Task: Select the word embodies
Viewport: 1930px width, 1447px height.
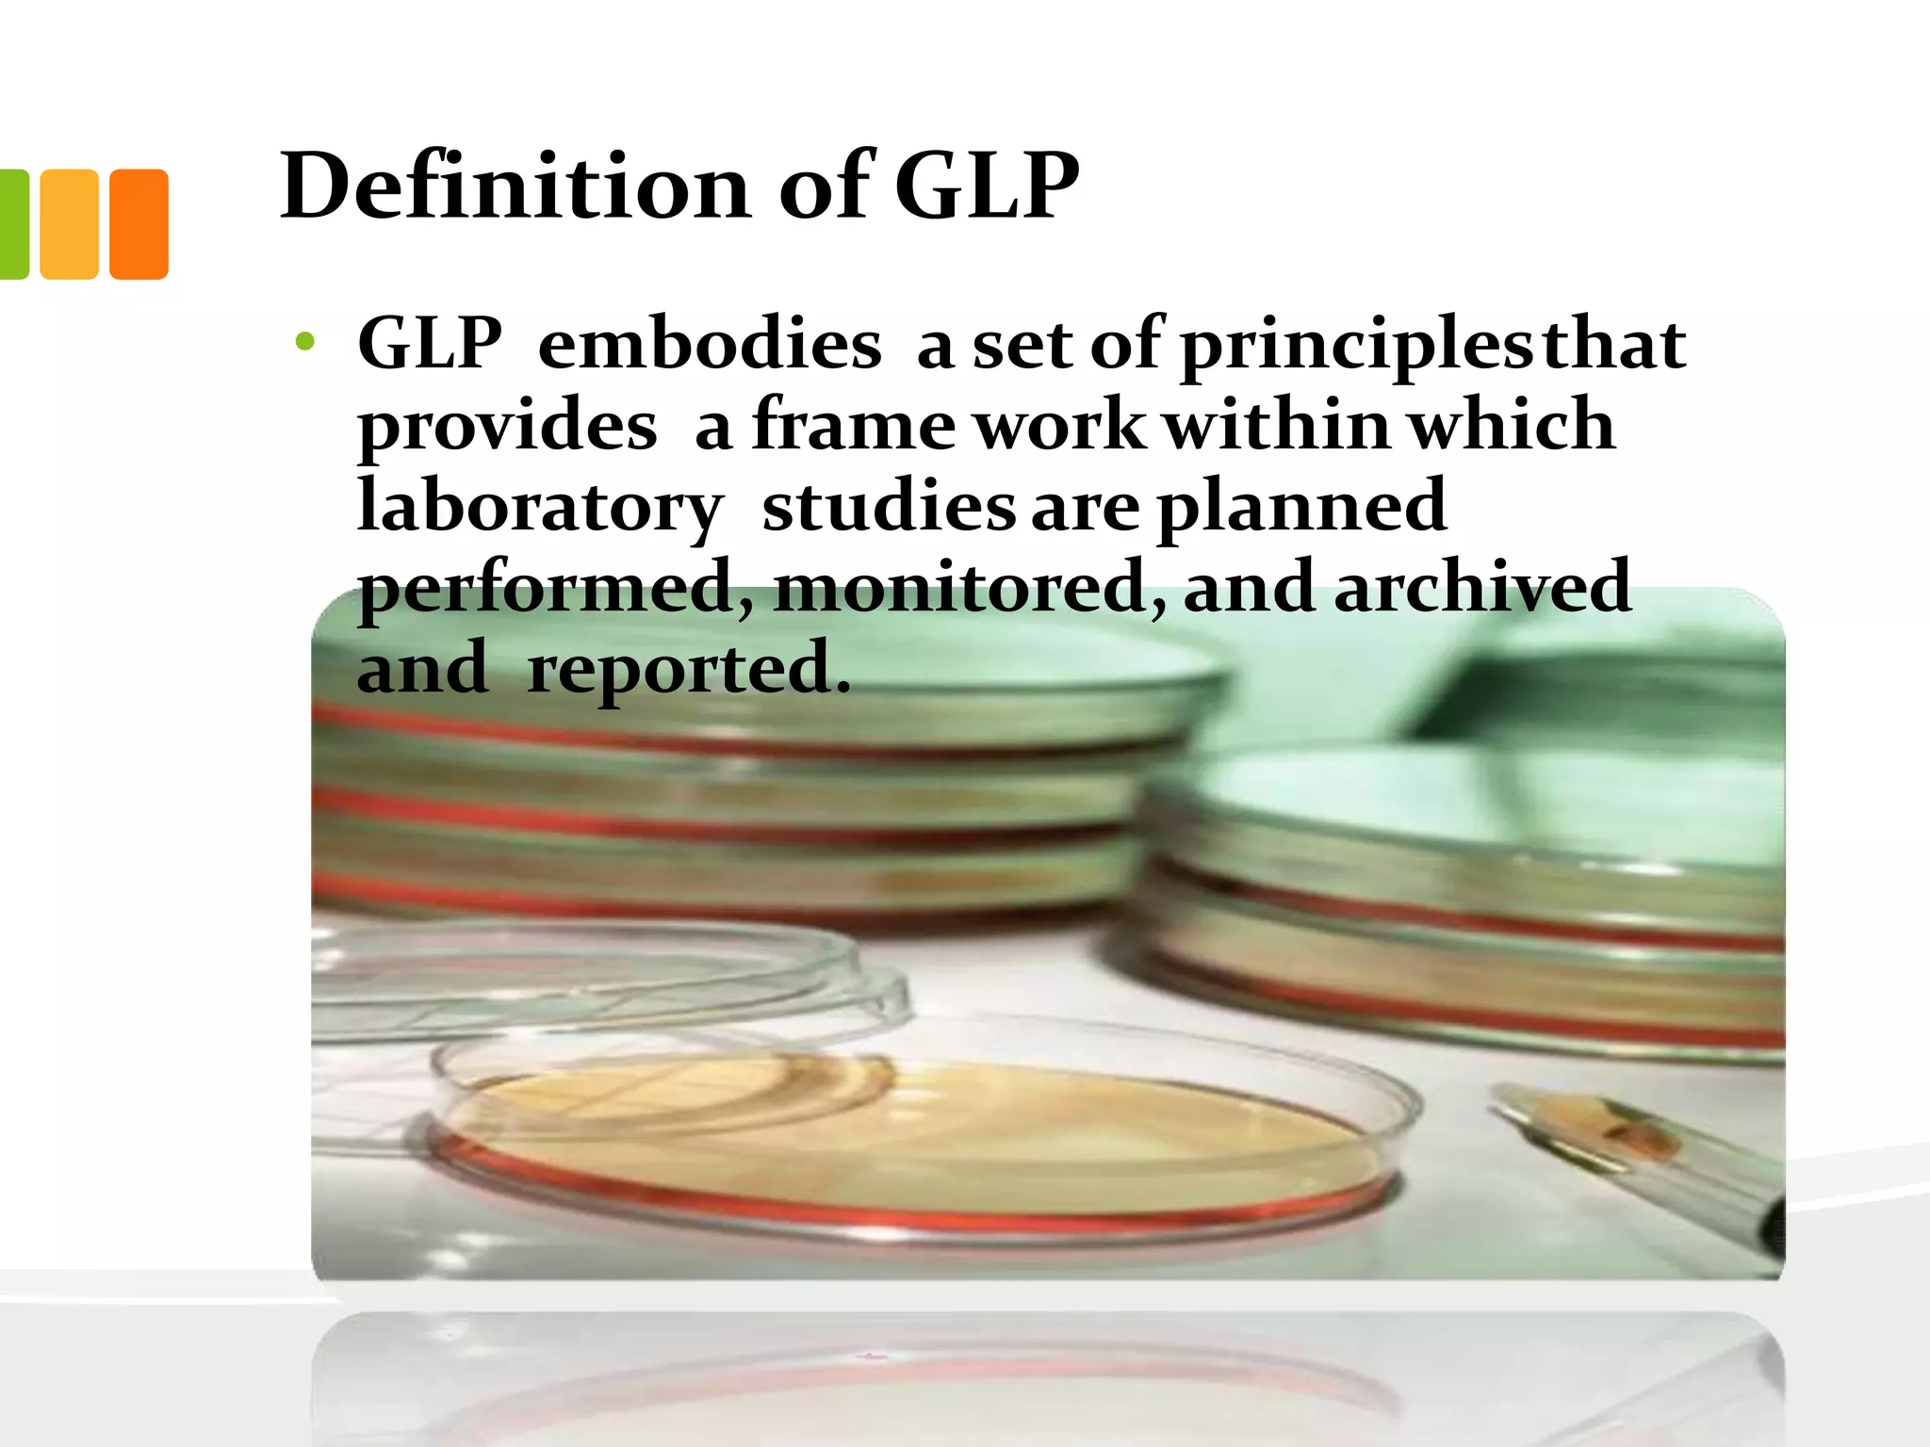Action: [x=709, y=345]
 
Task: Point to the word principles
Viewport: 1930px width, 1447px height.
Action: [x=1357, y=347]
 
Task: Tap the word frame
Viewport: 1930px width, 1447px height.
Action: [x=854, y=426]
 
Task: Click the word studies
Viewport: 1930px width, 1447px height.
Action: [x=888, y=507]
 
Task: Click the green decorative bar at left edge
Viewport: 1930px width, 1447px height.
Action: [x=13, y=224]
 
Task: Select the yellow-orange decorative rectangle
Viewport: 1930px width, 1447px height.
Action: [x=70, y=224]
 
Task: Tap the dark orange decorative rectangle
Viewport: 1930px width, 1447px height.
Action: [x=139, y=224]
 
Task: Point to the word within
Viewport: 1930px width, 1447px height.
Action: [x=1277, y=426]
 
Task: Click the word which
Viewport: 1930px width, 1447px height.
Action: [x=1512, y=426]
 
